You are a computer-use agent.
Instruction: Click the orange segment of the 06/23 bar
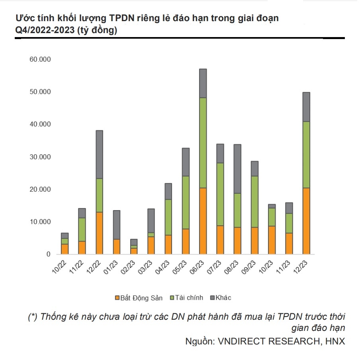pyautogui.click(x=203, y=221)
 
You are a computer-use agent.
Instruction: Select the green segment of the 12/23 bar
pyautogui.click(x=307, y=155)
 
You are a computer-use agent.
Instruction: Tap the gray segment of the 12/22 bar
pyautogui.click(x=99, y=154)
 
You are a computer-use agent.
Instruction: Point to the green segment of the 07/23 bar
pyautogui.click(x=220, y=194)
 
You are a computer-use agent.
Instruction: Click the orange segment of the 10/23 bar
pyautogui.click(x=272, y=240)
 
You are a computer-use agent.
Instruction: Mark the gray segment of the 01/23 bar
pyautogui.click(x=116, y=224)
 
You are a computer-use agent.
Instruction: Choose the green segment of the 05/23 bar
pyautogui.click(x=186, y=203)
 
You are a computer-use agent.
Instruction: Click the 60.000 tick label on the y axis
pyautogui.click(x=40, y=59)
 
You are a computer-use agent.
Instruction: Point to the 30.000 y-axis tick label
pyautogui.click(x=40, y=157)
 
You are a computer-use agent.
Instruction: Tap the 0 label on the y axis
pyautogui.click(x=49, y=254)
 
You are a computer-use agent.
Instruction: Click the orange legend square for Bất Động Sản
pyautogui.click(x=117, y=298)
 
